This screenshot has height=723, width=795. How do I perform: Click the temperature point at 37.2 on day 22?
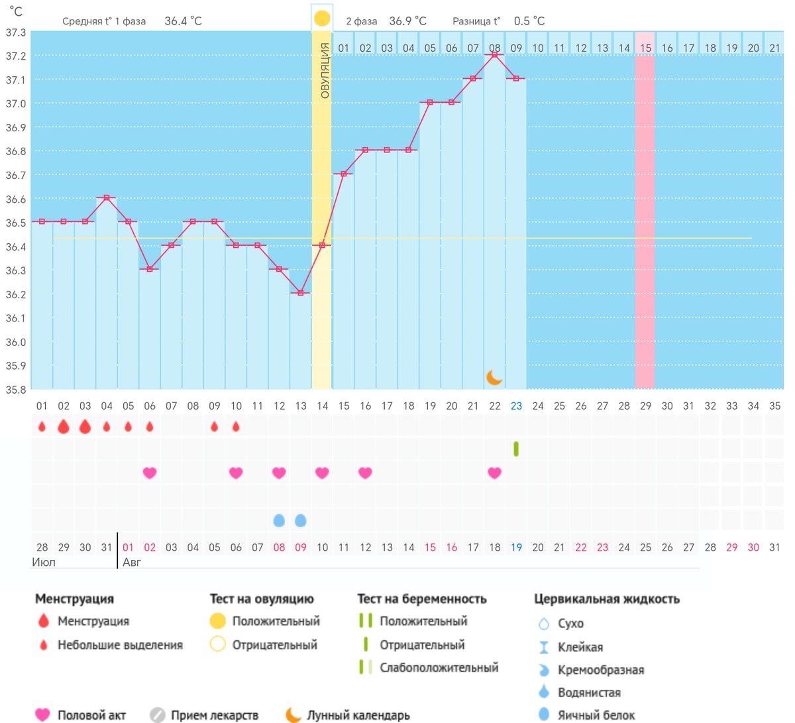pyautogui.click(x=494, y=55)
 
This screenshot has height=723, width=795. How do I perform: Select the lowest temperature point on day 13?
pyautogui.click(x=300, y=293)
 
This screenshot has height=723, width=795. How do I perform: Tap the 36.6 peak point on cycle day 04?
pyautogui.click(x=107, y=197)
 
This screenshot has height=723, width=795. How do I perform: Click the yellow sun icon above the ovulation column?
pyautogui.click(x=322, y=19)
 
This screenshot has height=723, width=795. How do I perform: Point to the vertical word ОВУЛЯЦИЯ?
pyautogui.click(x=325, y=71)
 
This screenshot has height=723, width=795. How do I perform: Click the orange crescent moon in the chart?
pyautogui.click(x=494, y=377)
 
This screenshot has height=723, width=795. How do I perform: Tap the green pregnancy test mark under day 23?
pyautogui.click(x=515, y=449)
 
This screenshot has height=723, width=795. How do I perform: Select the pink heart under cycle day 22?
pyautogui.click(x=494, y=473)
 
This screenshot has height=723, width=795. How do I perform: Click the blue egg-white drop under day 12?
pyautogui.click(x=279, y=520)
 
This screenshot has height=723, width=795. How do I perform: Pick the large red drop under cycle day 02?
pyautogui.click(x=64, y=427)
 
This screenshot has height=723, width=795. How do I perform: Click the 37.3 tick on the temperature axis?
pyautogui.click(x=16, y=32)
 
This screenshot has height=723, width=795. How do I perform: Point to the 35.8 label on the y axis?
pyautogui.click(x=16, y=390)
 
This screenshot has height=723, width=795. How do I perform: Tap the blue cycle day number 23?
pyautogui.click(x=516, y=406)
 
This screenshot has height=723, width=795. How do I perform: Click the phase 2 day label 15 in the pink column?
pyautogui.click(x=645, y=48)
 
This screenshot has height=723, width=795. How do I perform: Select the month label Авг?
pyautogui.click(x=132, y=562)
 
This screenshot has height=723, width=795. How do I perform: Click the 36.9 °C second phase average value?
pyautogui.click(x=407, y=21)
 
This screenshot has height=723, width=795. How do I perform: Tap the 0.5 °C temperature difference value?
pyautogui.click(x=529, y=21)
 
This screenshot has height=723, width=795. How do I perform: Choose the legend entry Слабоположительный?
pyautogui.click(x=439, y=667)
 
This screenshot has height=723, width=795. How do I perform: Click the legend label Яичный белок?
pyautogui.click(x=596, y=715)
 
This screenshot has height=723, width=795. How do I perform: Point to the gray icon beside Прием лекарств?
pyautogui.click(x=157, y=715)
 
